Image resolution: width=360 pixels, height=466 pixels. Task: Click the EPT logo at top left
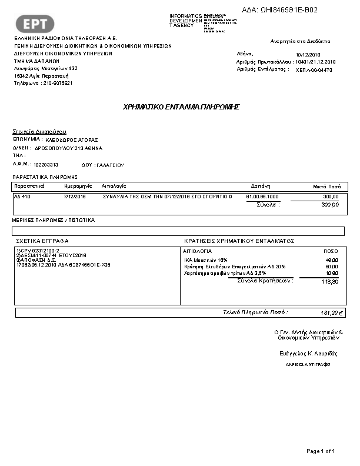[39, 24]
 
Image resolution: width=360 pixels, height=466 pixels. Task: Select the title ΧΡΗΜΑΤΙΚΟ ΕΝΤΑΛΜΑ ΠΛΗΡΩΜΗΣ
[181, 107]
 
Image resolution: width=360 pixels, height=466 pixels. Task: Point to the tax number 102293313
[46, 165]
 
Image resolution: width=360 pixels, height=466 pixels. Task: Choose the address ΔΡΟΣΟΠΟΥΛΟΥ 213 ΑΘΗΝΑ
[72, 148]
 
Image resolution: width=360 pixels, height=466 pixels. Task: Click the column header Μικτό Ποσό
[326, 185]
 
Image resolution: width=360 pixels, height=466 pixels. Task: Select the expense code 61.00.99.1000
[262, 197]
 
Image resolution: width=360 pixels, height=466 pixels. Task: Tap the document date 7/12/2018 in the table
[75, 197]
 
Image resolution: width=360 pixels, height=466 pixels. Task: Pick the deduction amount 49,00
[332, 259]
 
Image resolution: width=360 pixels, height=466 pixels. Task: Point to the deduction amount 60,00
[332, 267]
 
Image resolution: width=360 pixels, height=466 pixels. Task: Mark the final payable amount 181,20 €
[332, 313]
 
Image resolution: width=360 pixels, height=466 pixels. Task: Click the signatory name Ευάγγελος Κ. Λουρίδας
[308, 353]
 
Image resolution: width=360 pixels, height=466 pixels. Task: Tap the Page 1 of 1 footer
[321, 451]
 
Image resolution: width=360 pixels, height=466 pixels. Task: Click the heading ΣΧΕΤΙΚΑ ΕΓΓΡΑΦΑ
[42, 241]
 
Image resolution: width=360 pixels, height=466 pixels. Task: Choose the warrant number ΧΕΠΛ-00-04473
[314, 70]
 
